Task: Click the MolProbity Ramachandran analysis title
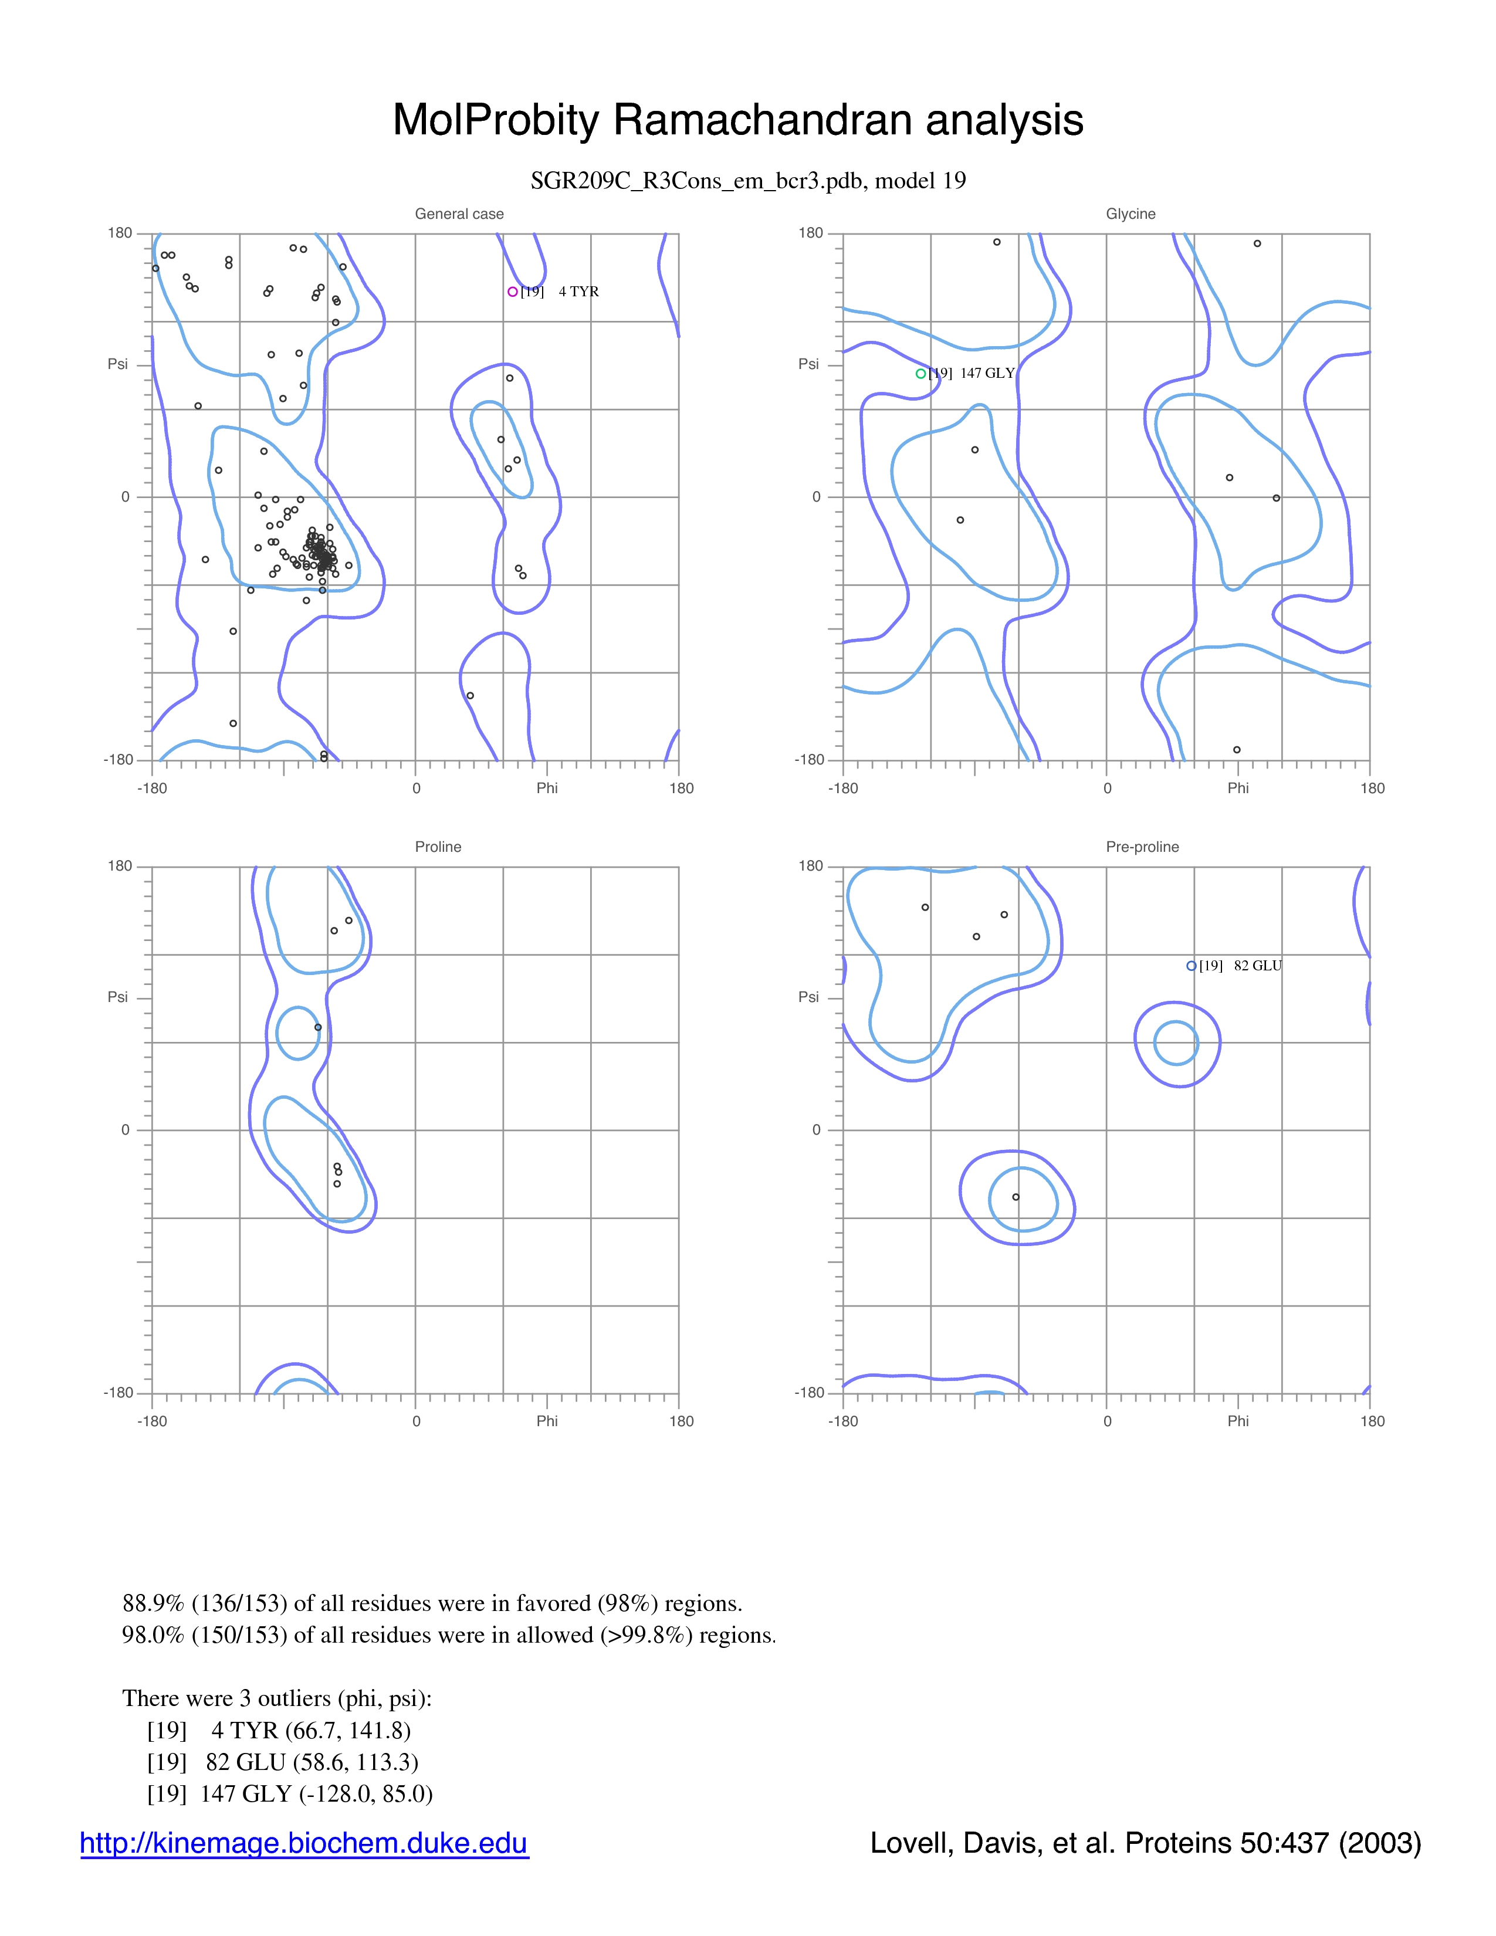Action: point(737,120)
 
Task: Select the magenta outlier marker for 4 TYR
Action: point(512,292)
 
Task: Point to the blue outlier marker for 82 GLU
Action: point(1191,966)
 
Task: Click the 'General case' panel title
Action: point(459,214)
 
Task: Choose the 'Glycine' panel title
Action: point(1131,214)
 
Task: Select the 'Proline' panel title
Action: point(438,847)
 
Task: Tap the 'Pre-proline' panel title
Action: point(1142,847)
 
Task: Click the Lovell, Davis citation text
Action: point(1146,1843)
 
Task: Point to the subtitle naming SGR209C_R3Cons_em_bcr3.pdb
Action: point(748,181)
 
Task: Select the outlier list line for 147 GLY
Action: point(290,1793)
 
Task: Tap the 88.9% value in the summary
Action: point(153,1603)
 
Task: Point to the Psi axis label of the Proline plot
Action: point(118,997)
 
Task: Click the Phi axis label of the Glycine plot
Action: point(1238,788)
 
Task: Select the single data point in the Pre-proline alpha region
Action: point(1016,1197)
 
